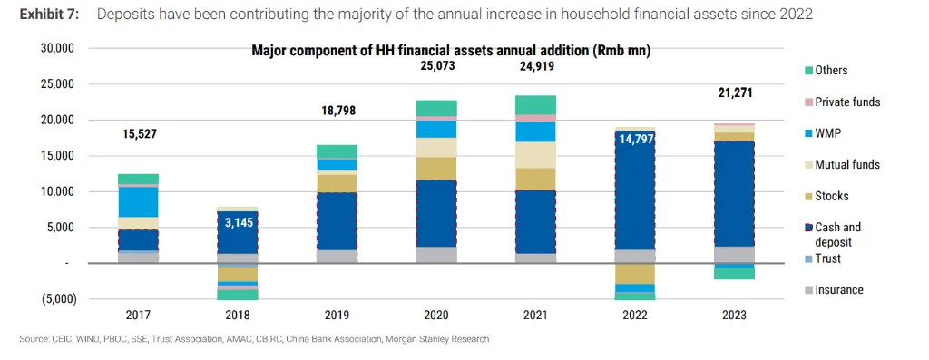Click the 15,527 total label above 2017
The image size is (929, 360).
click(x=138, y=134)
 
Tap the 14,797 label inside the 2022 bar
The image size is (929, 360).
click(x=633, y=140)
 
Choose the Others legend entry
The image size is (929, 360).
click(x=830, y=71)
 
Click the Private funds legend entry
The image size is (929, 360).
click(x=846, y=102)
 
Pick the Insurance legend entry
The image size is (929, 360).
click(x=838, y=290)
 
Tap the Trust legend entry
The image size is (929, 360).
click(x=827, y=258)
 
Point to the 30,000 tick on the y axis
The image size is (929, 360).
click(x=56, y=48)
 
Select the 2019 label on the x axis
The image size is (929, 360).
click(x=336, y=315)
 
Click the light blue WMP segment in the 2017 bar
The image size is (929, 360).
click(x=138, y=201)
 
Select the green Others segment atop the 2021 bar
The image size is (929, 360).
click(x=534, y=104)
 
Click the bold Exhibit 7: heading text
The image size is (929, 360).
click(x=50, y=15)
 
